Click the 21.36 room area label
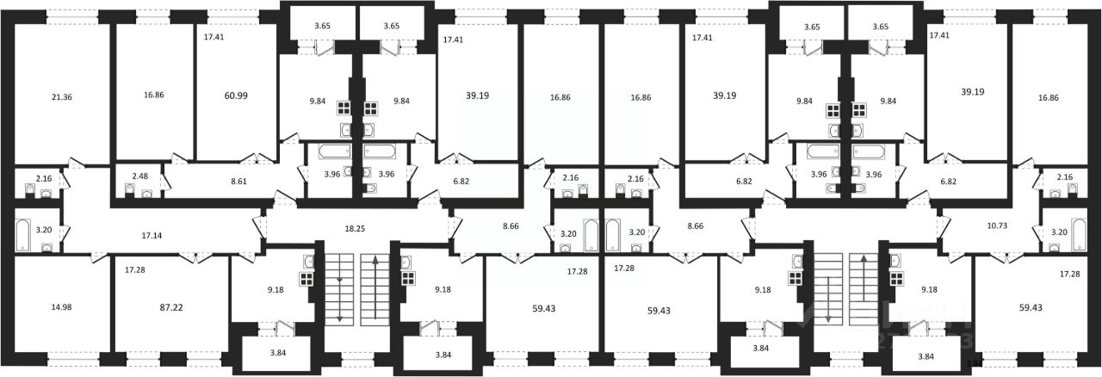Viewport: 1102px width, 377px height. (61, 97)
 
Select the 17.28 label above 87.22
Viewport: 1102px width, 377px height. (134, 270)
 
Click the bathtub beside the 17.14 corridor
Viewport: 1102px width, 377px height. (22, 233)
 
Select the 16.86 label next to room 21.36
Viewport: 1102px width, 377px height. (154, 97)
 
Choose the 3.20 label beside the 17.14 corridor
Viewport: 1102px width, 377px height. (44, 232)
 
